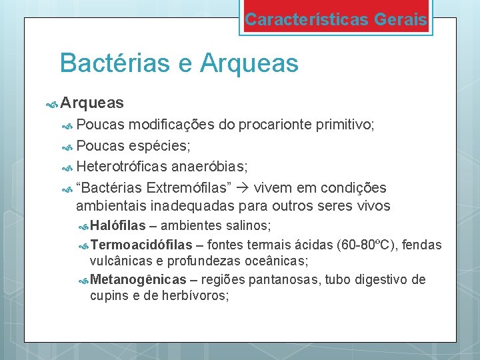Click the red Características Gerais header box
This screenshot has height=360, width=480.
pyautogui.click(x=335, y=19)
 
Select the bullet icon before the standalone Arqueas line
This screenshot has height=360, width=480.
pyautogui.click(x=53, y=103)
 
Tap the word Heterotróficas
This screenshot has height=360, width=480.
pyautogui.click(x=124, y=167)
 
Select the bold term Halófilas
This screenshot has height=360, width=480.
pyautogui.click(x=117, y=226)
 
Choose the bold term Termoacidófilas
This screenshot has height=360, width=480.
pyautogui.click(x=141, y=245)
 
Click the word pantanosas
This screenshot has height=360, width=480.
pyautogui.click(x=281, y=279)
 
